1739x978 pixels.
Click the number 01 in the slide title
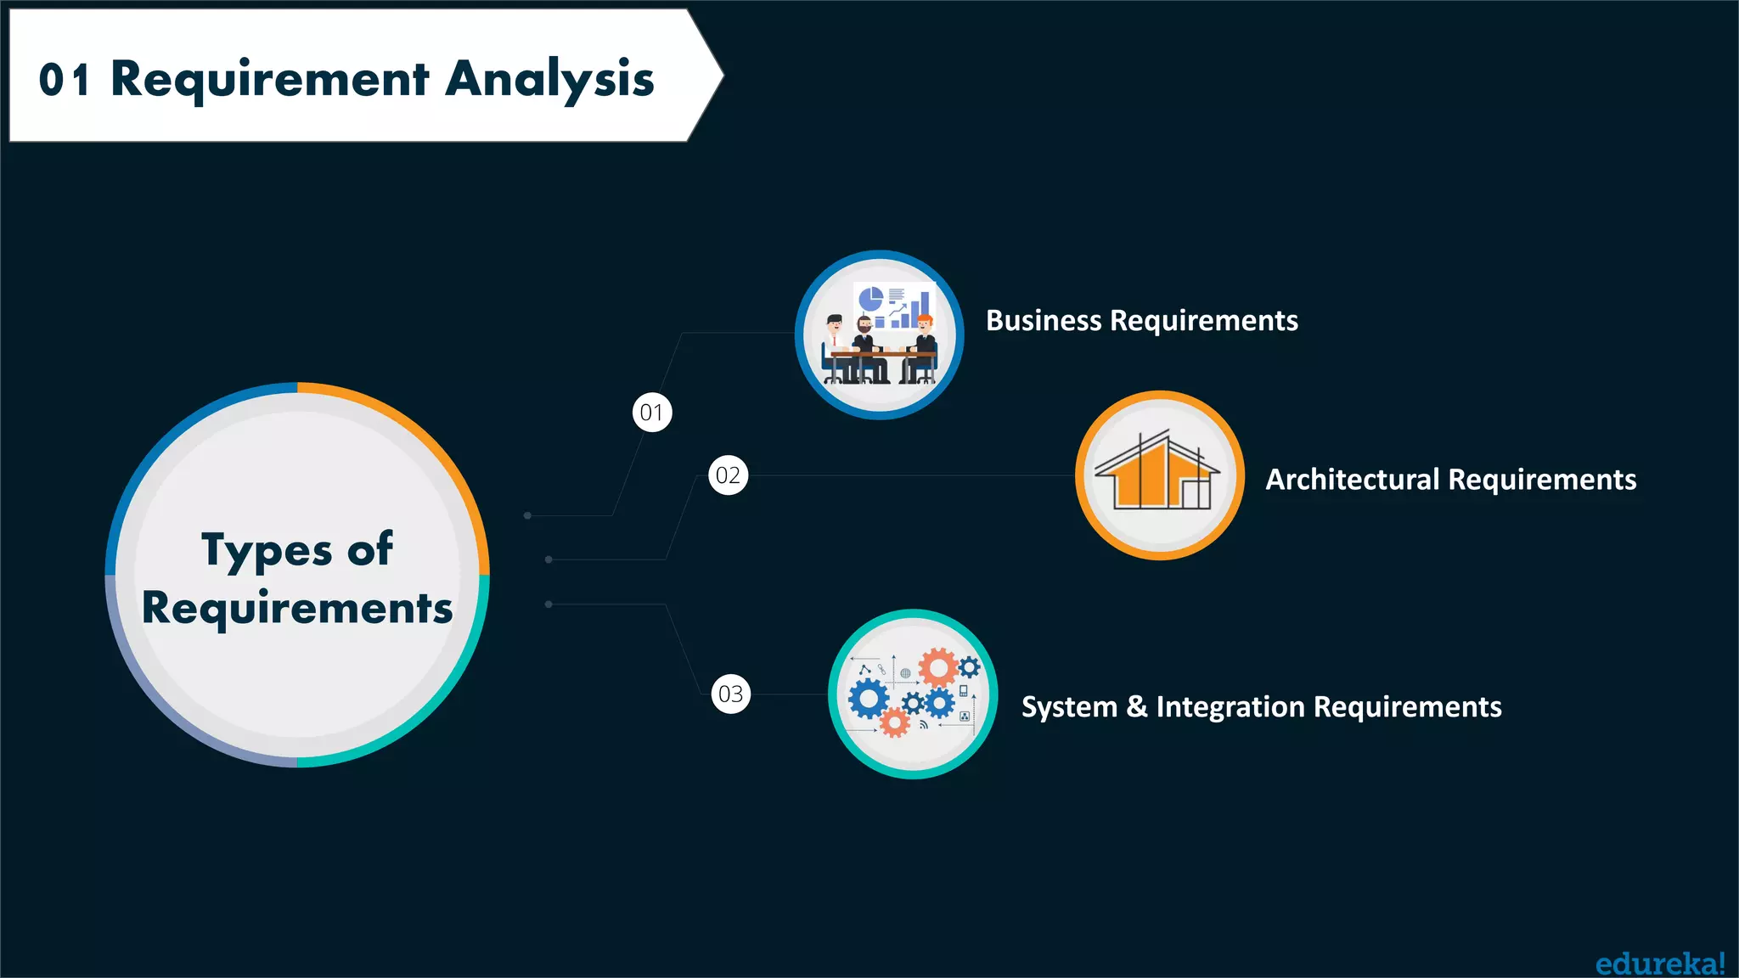click(x=64, y=81)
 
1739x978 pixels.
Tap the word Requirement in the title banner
click(x=269, y=80)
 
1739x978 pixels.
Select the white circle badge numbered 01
click(x=652, y=413)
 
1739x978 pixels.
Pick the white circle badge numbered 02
click(x=729, y=475)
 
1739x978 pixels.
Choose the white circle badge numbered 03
click(x=731, y=694)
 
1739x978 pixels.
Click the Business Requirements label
click(x=1141, y=321)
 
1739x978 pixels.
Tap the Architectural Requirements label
click(x=1450, y=480)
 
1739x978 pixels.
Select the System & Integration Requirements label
click(x=1261, y=707)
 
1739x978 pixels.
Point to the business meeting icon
click(x=880, y=335)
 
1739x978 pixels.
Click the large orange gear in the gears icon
click(x=938, y=668)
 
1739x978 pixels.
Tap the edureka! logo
click(x=1660, y=964)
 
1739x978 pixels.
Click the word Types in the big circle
click(x=266, y=550)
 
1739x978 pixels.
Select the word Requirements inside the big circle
click(x=297, y=609)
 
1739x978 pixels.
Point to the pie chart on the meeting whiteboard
click(x=870, y=299)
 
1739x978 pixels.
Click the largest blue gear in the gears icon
click(x=868, y=700)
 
